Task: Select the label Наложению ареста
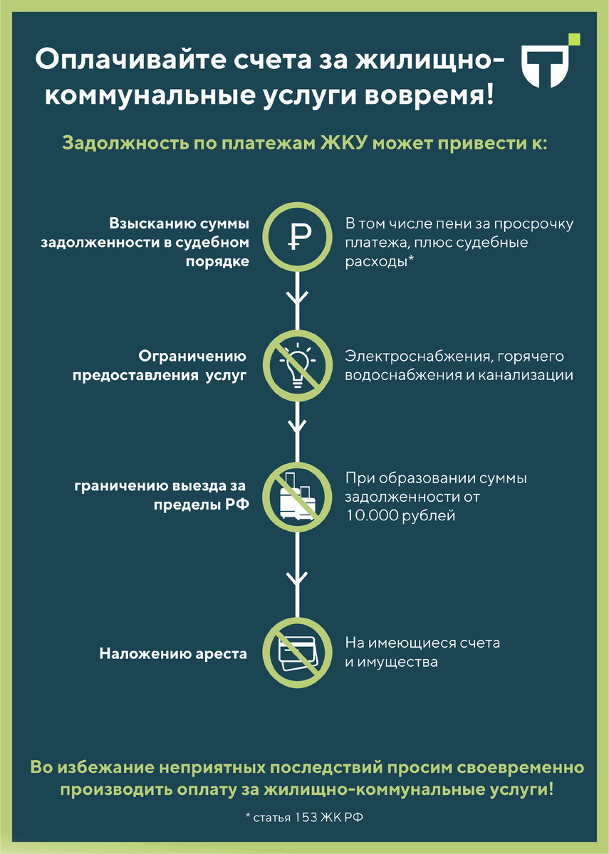coord(173,653)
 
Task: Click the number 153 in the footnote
coord(303,817)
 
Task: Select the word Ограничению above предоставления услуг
coord(192,356)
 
